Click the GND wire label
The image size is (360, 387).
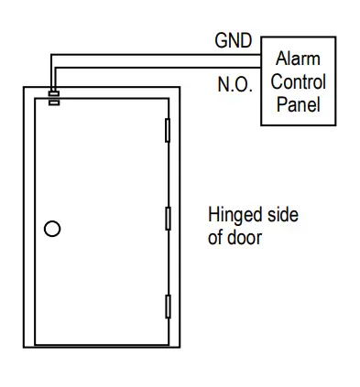(x=234, y=41)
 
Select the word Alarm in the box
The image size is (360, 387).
(x=298, y=59)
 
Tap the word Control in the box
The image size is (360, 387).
(x=298, y=81)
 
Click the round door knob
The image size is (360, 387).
(x=53, y=229)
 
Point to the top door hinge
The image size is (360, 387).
(x=167, y=130)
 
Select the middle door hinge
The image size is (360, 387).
(x=167, y=219)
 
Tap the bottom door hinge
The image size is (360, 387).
(x=167, y=306)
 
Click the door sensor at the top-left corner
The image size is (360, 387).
(x=53, y=96)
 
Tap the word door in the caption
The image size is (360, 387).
(x=246, y=239)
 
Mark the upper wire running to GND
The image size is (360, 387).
(x=156, y=51)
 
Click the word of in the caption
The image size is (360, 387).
(x=216, y=239)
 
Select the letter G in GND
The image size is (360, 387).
(x=221, y=41)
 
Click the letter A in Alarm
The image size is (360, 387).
(x=280, y=59)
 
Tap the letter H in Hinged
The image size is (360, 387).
(x=214, y=216)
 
